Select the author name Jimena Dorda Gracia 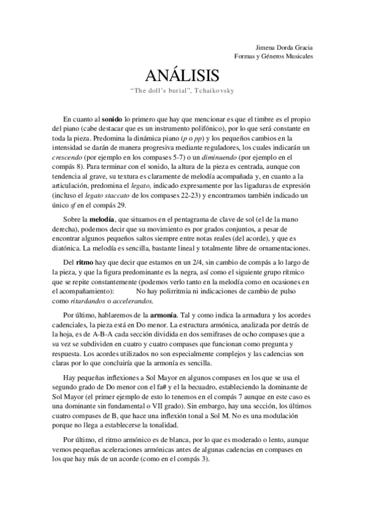coord(285,47)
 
